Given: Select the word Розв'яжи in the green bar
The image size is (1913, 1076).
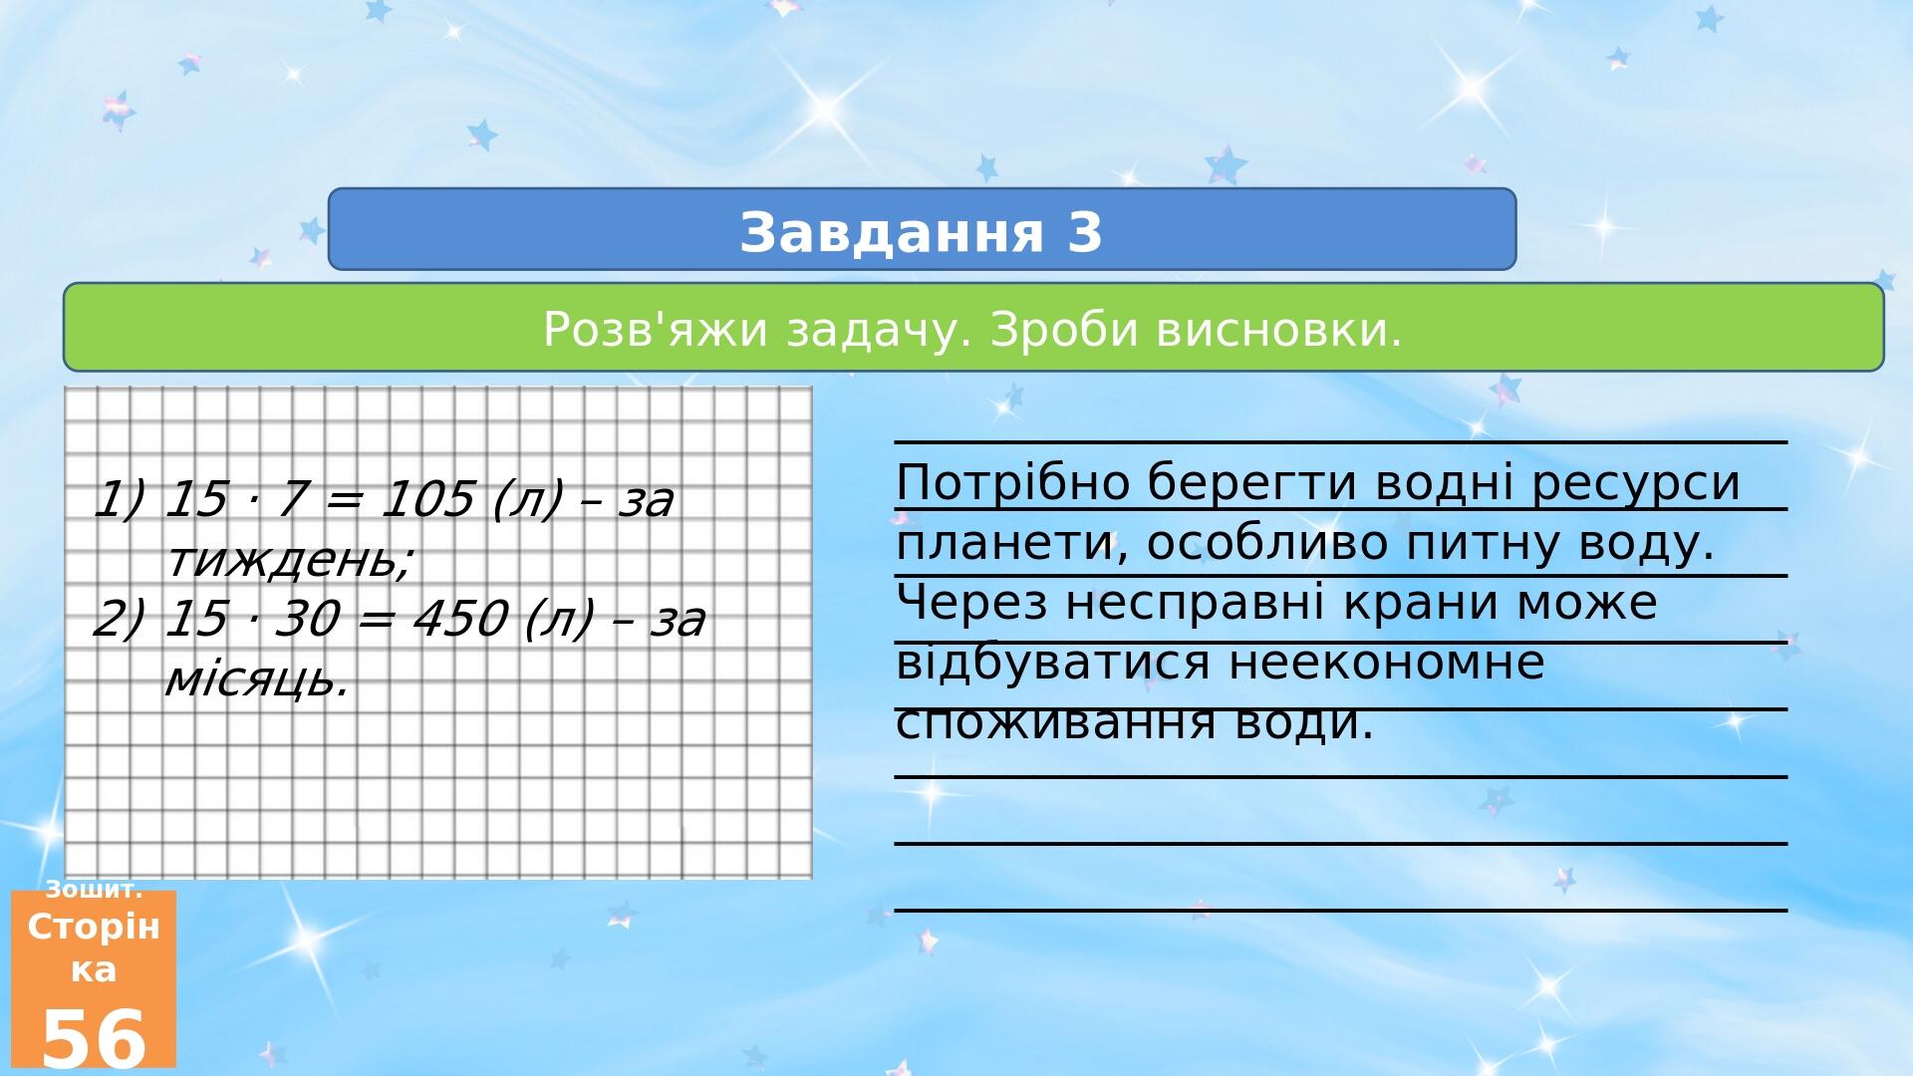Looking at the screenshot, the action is pos(657,329).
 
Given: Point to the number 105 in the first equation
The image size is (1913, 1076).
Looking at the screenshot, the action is pos(427,499).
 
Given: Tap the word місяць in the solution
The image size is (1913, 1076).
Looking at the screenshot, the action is pos(257,679).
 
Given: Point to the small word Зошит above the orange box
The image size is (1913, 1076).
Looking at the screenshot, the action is pos(94,890).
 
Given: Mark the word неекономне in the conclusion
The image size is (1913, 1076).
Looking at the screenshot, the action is pos(1386,664).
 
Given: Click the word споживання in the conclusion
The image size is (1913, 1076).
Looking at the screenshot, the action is pos(1052,723).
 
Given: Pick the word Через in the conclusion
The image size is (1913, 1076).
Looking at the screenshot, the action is pos(971,604).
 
